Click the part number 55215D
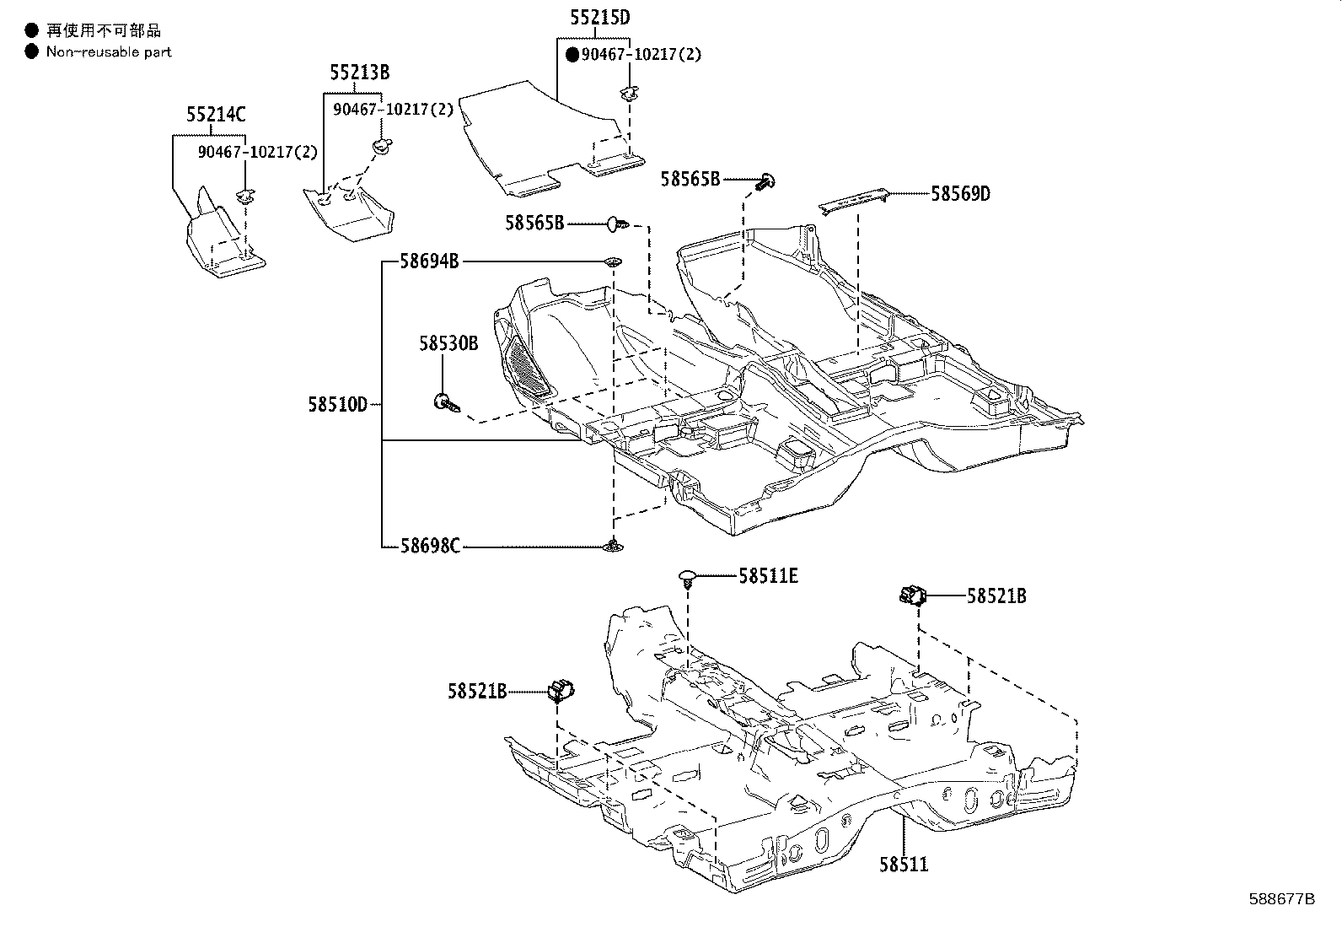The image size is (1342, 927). tap(598, 18)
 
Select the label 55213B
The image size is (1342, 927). tap(359, 73)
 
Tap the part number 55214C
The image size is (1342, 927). tap(217, 115)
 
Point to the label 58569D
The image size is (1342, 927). tap(960, 194)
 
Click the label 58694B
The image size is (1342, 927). tap(429, 261)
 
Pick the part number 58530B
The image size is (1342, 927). tap(448, 343)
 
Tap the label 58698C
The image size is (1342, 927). tap(430, 547)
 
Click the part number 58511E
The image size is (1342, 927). tap(768, 576)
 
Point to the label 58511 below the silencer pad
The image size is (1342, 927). tap(904, 865)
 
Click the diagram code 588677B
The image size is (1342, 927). tap(1281, 899)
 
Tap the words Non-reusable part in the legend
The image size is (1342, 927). tap(109, 52)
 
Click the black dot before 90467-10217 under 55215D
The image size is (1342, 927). tap(572, 55)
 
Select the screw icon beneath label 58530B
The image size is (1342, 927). tap(448, 403)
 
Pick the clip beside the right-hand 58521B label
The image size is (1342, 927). tap(912, 596)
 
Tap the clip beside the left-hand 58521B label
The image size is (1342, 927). tap(560, 690)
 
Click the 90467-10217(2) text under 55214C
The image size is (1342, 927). tap(257, 153)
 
